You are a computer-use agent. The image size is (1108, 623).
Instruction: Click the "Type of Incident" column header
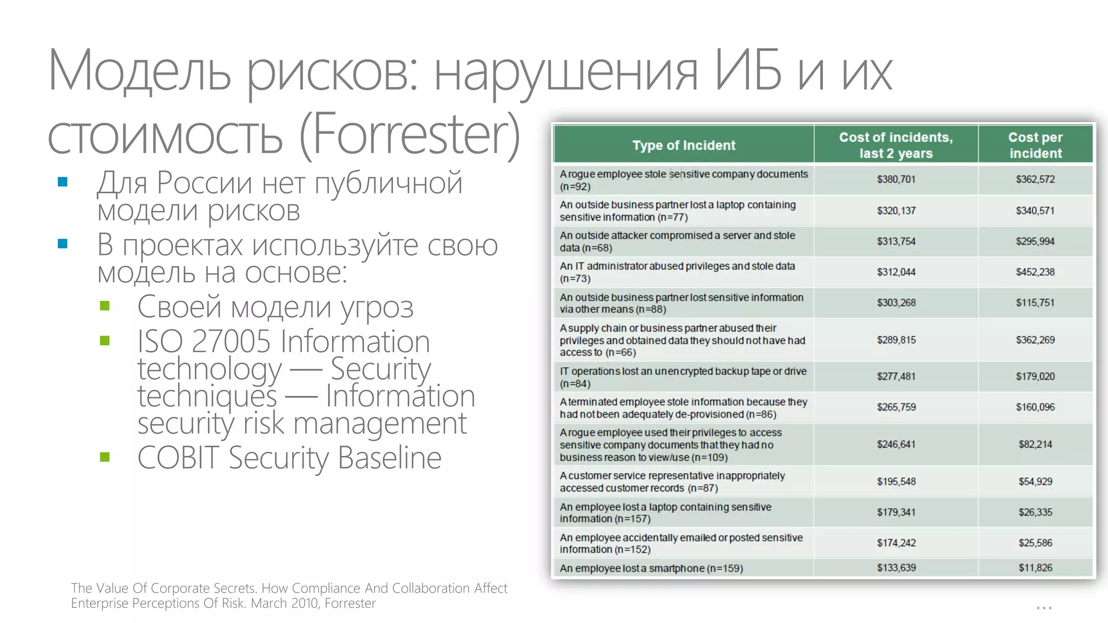pos(683,145)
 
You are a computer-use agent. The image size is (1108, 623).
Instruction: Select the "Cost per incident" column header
pos(1035,145)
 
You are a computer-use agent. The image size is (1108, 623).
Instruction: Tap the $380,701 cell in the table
pos(896,180)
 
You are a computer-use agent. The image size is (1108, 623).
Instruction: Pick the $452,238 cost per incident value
pos(1035,272)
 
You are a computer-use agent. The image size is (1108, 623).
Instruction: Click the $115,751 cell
pos(1035,303)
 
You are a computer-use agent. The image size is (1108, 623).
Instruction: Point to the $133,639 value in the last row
pos(896,568)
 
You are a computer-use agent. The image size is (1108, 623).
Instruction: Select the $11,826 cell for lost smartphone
pos(1035,568)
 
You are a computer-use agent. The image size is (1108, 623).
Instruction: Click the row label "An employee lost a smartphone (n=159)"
pos(651,568)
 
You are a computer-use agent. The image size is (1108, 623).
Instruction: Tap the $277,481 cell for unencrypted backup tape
pos(896,376)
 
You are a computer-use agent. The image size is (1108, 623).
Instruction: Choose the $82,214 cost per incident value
pos(1035,445)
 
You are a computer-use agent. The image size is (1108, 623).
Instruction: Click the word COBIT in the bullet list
pos(178,458)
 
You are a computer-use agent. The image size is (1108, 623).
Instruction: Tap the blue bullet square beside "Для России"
pos(63,182)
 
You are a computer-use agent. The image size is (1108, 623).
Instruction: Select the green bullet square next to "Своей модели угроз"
pos(105,306)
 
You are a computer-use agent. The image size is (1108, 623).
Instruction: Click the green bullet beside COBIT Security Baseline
pos(105,458)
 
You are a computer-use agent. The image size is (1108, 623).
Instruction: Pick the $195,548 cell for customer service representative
pos(896,481)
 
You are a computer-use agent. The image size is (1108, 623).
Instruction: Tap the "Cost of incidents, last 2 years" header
pos(896,145)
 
